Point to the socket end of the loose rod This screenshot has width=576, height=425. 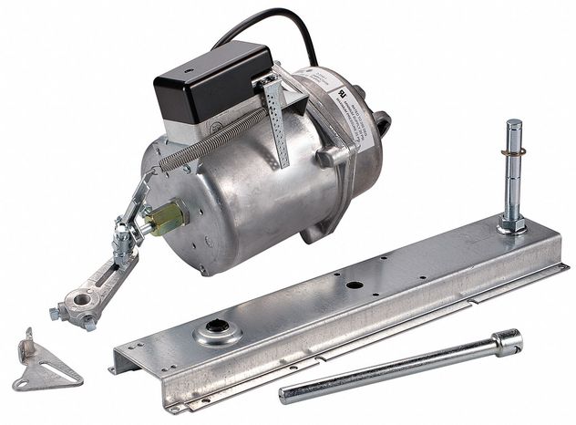coord(507,342)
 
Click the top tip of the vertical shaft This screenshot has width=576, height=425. coord(513,125)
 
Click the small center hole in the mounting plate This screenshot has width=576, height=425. coord(353,285)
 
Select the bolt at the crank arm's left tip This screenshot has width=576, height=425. coord(57,312)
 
